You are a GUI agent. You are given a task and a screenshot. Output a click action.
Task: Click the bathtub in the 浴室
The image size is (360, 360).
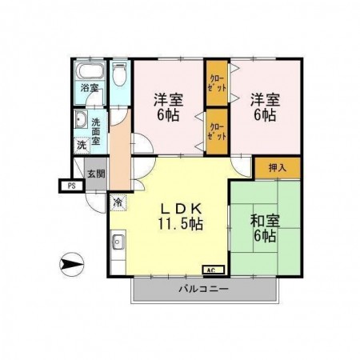pyautogui.click(x=90, y=70)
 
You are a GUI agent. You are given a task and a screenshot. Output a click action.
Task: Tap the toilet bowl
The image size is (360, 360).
pyautogui.click(x=118, y=74)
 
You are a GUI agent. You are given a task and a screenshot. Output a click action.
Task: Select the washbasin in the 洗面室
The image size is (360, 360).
pyautogui.click(x=81, y=119)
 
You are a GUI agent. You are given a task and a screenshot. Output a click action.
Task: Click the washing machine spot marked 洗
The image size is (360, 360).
pyautogui.click(x=82, y=145)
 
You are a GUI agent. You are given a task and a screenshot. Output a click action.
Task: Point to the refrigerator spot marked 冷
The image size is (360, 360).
pyautogui.click(x=118, y=202)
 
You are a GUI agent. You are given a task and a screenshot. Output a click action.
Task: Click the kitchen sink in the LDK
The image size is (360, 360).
pyautogui.click(x=118, y=242)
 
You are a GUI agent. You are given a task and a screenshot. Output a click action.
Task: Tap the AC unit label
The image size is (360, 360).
pyautogui.click(x=214, y=270)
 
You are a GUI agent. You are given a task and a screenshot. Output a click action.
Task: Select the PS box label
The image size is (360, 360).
pyautogui.click(x=72, y=186)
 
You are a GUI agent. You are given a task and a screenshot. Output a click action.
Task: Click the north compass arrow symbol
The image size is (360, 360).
pyautogui.click(x=71, y=264)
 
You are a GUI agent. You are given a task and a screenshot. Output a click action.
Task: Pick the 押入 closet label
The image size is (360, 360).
pyautogui.click(x=278, y=168)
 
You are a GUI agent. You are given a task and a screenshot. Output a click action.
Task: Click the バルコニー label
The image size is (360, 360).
pyautogui.click(x=203, y=289)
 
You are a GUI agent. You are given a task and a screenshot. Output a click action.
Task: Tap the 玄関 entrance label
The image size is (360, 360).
pyautogui.click(x=96, y=174)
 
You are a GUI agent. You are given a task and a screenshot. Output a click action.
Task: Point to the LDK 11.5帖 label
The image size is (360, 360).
pyautogui.click(x=181, y=216)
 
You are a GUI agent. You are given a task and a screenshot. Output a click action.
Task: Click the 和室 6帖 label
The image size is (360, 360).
pyautogui.click(x=265, y=228)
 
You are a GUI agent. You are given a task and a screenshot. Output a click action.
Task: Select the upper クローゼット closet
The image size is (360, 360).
pyautogui.click(x=217, y=83)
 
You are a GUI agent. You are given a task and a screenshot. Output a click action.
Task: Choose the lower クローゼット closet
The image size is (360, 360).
pyautogui.click(x=217, y=131)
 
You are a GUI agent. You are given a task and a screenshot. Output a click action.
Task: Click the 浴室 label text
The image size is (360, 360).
pyautogui.click(x=90, y=87)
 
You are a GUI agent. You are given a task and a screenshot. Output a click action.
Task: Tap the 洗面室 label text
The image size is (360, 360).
pyautogui.click(x=96, y=131)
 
